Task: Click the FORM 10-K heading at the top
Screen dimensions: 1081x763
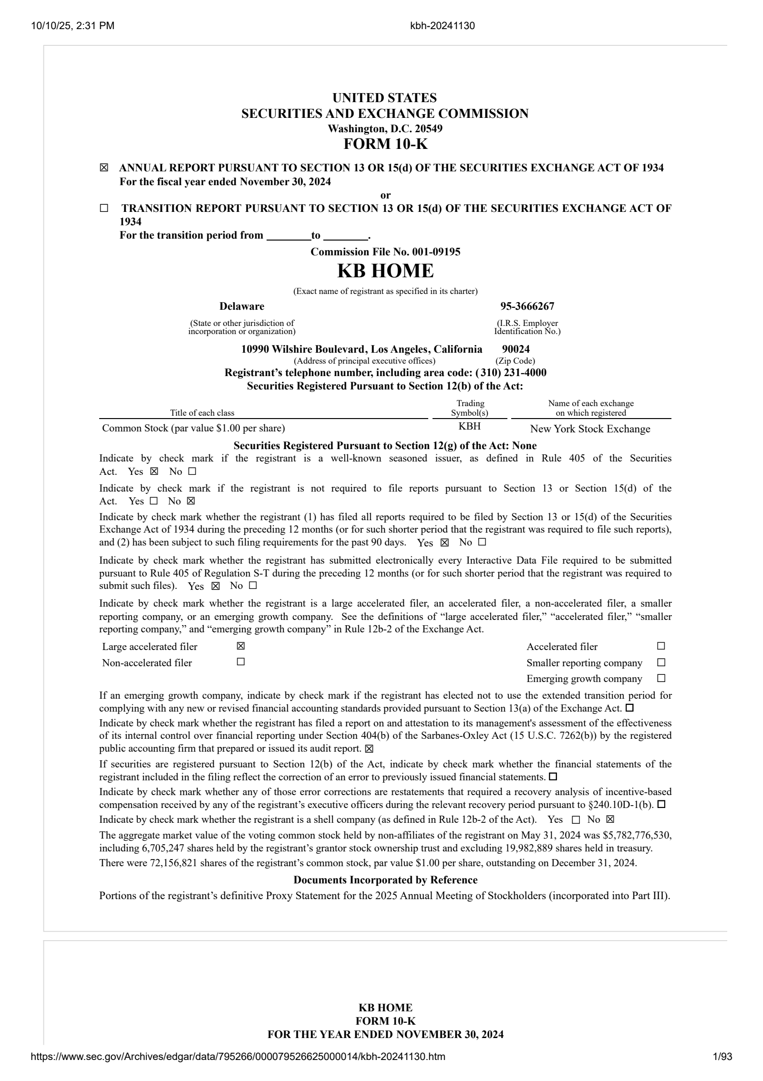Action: pos(385,144)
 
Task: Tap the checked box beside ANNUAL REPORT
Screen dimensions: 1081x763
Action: pos(104,168)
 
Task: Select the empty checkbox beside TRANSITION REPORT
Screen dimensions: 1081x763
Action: pos(104,209)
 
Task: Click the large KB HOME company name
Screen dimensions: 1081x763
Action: pos(385,271)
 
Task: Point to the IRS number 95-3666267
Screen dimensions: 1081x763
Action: pos(527,306)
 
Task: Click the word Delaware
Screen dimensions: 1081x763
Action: pos(242,306)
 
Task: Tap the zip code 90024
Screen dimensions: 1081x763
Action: pos(516,349)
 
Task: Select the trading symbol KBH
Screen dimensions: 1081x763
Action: pos(469,426)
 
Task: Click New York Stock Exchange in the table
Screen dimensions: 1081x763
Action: pos(590,429)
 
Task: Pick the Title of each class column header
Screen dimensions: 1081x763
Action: pos(202,413)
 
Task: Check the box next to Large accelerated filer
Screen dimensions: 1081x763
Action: pos(241,646)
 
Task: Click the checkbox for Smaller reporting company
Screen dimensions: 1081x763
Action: pos(661,662)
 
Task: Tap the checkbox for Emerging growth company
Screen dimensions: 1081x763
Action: pos(661,678)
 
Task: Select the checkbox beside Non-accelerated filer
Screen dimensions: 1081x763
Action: pos(241,662)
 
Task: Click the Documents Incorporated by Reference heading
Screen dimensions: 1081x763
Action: pos(385,880)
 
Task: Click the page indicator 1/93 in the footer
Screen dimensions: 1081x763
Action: pos(722,1070)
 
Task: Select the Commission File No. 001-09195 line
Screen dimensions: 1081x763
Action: pos(385,252)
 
